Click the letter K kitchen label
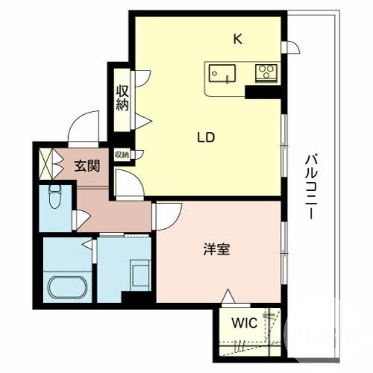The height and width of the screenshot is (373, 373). coord(238,40)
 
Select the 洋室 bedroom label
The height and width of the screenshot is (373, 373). coord(216,250)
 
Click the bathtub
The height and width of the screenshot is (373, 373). coord(67,288)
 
